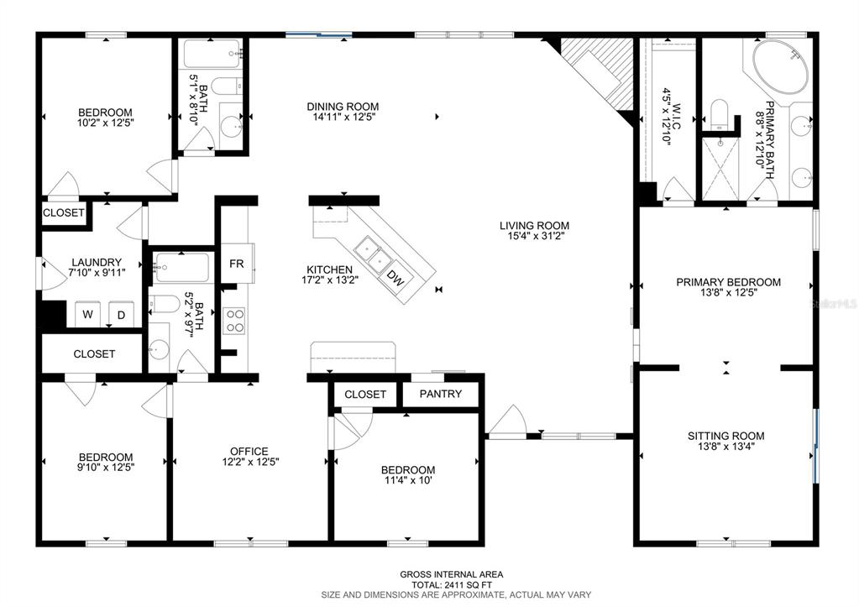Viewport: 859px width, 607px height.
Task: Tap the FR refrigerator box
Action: pyautogui.click(x=237, y=264)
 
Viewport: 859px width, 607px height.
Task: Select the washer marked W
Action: pyautogui.click(x=87, y=316)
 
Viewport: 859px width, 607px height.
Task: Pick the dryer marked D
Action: pyautogui.click(x=121, y=316)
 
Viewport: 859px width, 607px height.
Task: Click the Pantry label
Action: pyautogui.click(x=441, y=394)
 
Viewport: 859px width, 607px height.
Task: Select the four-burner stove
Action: pyautogui.click(x=235, y=322)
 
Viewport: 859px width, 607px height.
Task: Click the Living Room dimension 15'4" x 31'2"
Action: pyautogui.click(x=534, y=238)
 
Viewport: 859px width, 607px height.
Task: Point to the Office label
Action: pyautogui.click(x=250, y=451)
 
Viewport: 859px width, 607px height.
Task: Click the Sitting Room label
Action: pyautogui.click(x=725, y=436)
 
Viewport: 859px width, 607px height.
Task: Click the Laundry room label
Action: pyautogui.click(x=97, y=262)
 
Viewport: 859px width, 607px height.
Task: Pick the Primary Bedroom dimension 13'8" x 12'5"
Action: pyautogui.click(x=728, y=294)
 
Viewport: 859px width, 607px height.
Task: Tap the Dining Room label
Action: pyautogui.click(x=342, y=107)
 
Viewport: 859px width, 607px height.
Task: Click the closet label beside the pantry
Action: pyautogui.click(x=365, y=394)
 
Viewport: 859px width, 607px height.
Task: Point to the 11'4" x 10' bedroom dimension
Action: pyautogui.click(x=407, y=481)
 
